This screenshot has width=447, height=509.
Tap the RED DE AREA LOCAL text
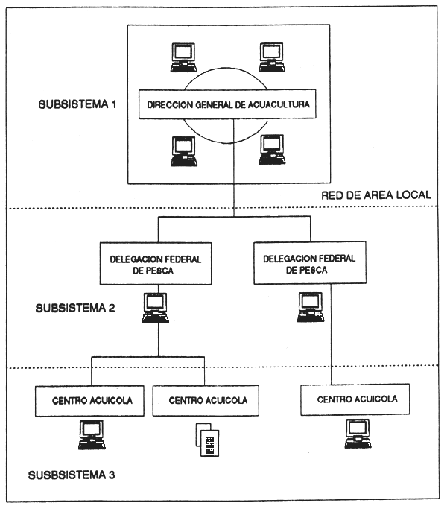[x=376, y=195]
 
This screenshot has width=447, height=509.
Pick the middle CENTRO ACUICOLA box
[x=206, y=401]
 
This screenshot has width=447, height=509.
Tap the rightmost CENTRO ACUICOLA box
[x=357, y=399]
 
